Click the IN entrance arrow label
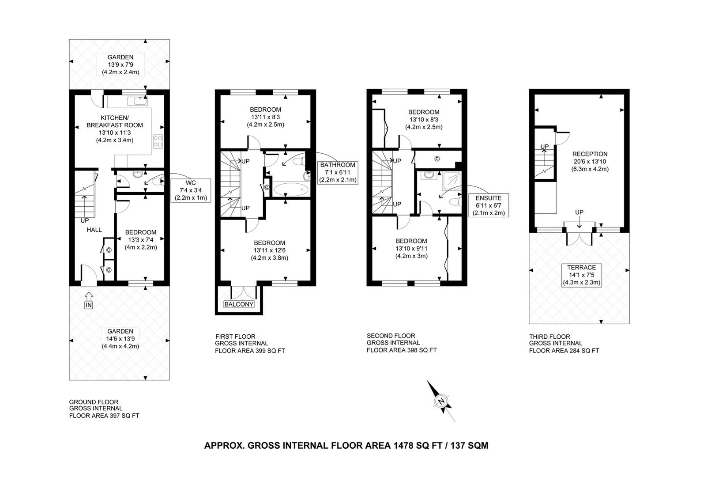pyautogui.click(x=89, y=305)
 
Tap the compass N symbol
pyautogui.click(x=441, y=401)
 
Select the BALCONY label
pyautogui.click(x=239, y=304)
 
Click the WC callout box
pyautogui.click(x=191, y=190)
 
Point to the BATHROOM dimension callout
pyautogui.click(x=338, y=173)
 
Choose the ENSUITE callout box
pyautogui.click(x=489, y=205)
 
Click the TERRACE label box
pyautogui.click(x=582, y=275)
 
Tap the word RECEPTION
pyautogui.click(x=590, y=154)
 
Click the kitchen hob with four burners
pyautogui.click(x=158, y=141)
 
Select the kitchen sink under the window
pyautogui.click(x=137, y=101)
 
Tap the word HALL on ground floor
pyautogui.click(x=94, y=230)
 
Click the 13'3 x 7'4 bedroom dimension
pyautogui.click(x=141, y=240)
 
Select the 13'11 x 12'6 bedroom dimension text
pyautogui.click(x=270, y=250)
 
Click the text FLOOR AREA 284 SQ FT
pyautogui.click(x=564, y=351)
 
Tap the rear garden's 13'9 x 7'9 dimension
pyautogui.click(x=120, y=64)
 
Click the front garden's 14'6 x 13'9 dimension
pyautogui.click(x=120, y=339)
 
